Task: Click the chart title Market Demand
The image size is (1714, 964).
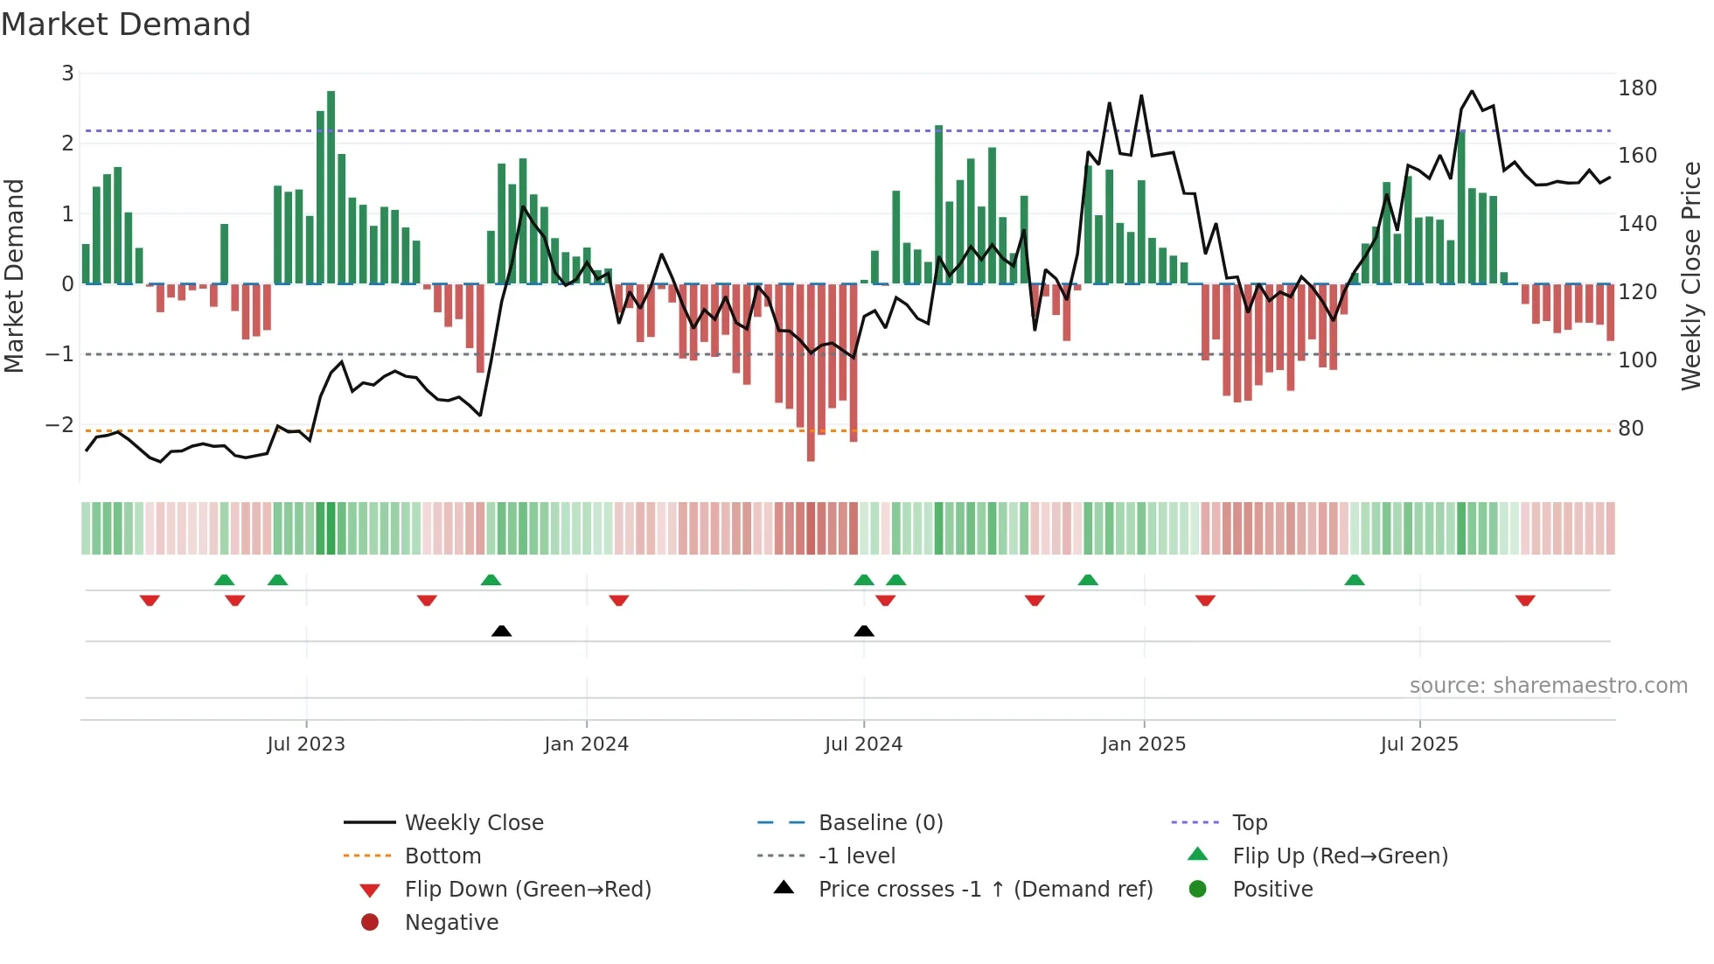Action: click(x=126, y=24)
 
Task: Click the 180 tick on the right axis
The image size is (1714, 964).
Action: click(x=1637, y=88)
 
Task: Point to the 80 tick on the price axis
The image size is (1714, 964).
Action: click(x=1630, y=429)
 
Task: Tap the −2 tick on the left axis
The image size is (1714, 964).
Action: click(x=59, y=425)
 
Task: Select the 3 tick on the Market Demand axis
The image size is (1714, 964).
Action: click(x=67, y=73)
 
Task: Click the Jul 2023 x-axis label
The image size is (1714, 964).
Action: click(x=306, y=744)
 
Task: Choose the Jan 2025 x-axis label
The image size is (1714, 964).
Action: click(x=1143, y=744)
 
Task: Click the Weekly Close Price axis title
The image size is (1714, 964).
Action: click(x=1691, y=276)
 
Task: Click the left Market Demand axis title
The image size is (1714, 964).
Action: click(x=14, y=276)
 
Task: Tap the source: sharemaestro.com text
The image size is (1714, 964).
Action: click(x=1548, y=686)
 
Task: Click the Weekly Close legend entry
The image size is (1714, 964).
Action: click(x=473, y=823)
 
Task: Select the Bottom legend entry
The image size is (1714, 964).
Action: click(x=442, y=856)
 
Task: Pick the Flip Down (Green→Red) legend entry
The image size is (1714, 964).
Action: click(x=527, y=890)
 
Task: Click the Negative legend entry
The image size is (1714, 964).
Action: click(x=451, y=923)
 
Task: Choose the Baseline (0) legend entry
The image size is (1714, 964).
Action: click(x=880, y=823)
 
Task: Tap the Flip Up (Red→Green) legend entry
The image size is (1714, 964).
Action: click(x=1340, y=856)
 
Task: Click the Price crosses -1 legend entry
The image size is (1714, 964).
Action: click(x=985, y=890)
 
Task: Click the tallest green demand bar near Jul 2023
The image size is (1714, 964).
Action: click(x=331, y=184)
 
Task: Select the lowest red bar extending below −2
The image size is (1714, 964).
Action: click(x=811, y=376)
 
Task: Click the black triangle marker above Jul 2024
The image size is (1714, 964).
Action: click(x=864, y=631)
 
